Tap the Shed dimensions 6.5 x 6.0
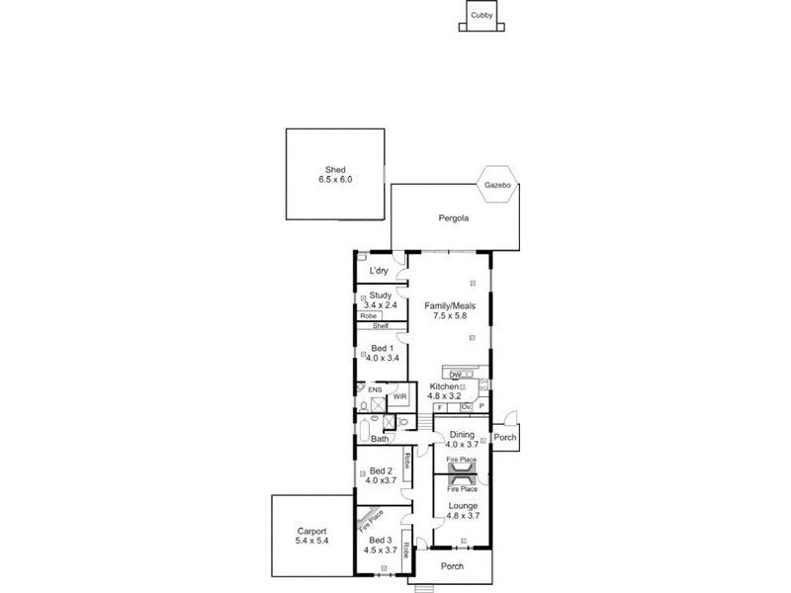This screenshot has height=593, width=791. pos(335,180)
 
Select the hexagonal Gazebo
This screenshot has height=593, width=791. pos(496,185)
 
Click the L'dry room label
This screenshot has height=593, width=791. pos(379,271)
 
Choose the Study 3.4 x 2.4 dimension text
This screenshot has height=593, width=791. pos(381,305)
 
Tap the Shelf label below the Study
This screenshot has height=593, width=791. pos(380,326)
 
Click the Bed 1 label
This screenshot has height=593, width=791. pos(381,348)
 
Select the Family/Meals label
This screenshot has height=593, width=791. pos(450,306)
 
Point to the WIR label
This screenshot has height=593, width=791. pos(399,396)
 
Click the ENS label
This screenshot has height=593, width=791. pos(375,389)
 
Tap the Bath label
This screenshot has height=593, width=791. pos(380,439)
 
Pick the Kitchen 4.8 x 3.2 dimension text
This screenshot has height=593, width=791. pos(444,396)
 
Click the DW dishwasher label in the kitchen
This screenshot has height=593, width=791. pos(455,375)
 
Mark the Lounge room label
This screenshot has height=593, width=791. pos(463,505)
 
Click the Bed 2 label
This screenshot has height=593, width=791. pos(382,470)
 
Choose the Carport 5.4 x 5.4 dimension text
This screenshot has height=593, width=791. pos(310,541)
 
